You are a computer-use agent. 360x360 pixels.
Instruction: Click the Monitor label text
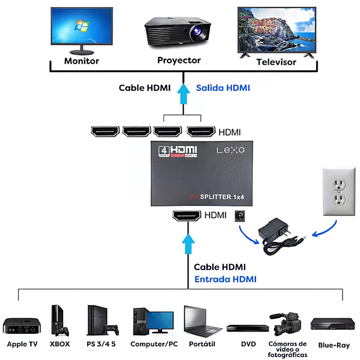(x=81, y=61)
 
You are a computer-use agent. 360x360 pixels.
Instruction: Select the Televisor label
(x=276, y=62)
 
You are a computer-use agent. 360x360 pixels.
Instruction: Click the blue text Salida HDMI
(x=223, y=88)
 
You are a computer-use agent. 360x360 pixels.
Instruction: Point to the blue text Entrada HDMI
(x=225, y=279)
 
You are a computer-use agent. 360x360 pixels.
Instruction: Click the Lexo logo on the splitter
(x=230, y=150)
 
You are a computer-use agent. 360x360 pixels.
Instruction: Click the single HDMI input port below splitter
(x=186, y=216)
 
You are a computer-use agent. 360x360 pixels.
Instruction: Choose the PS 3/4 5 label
(x=101, y=344)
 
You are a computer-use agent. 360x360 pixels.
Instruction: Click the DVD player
(x=248, y=328)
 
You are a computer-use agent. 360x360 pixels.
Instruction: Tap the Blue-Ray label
(x=334, y=345)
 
